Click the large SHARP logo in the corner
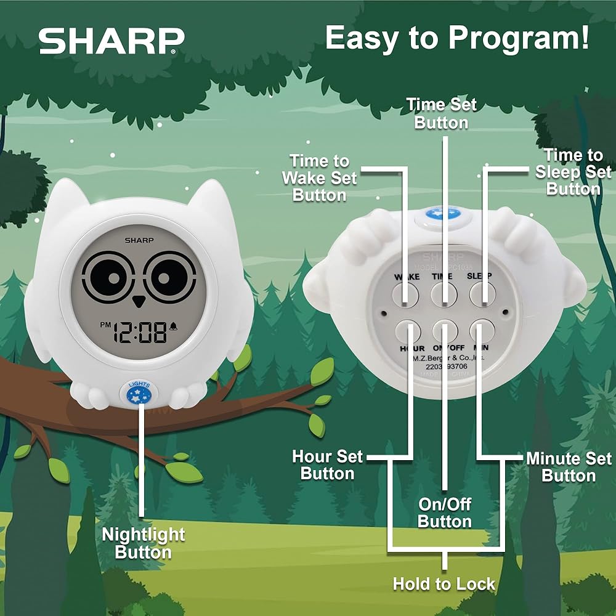coord(111,41)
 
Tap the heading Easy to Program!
coord(457,38)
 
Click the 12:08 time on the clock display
coord(144,334)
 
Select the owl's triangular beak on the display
coord(139,301)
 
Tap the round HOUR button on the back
coord(407,331)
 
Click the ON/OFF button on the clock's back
coord(444,331)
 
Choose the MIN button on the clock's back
coord(482,331)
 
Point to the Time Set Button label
coord(442,114)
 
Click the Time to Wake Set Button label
coord(319,178)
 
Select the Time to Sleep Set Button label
coord(573,172)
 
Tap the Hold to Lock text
coord(444,583)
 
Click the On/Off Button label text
coord(444,513)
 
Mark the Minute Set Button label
coord(569,467)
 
